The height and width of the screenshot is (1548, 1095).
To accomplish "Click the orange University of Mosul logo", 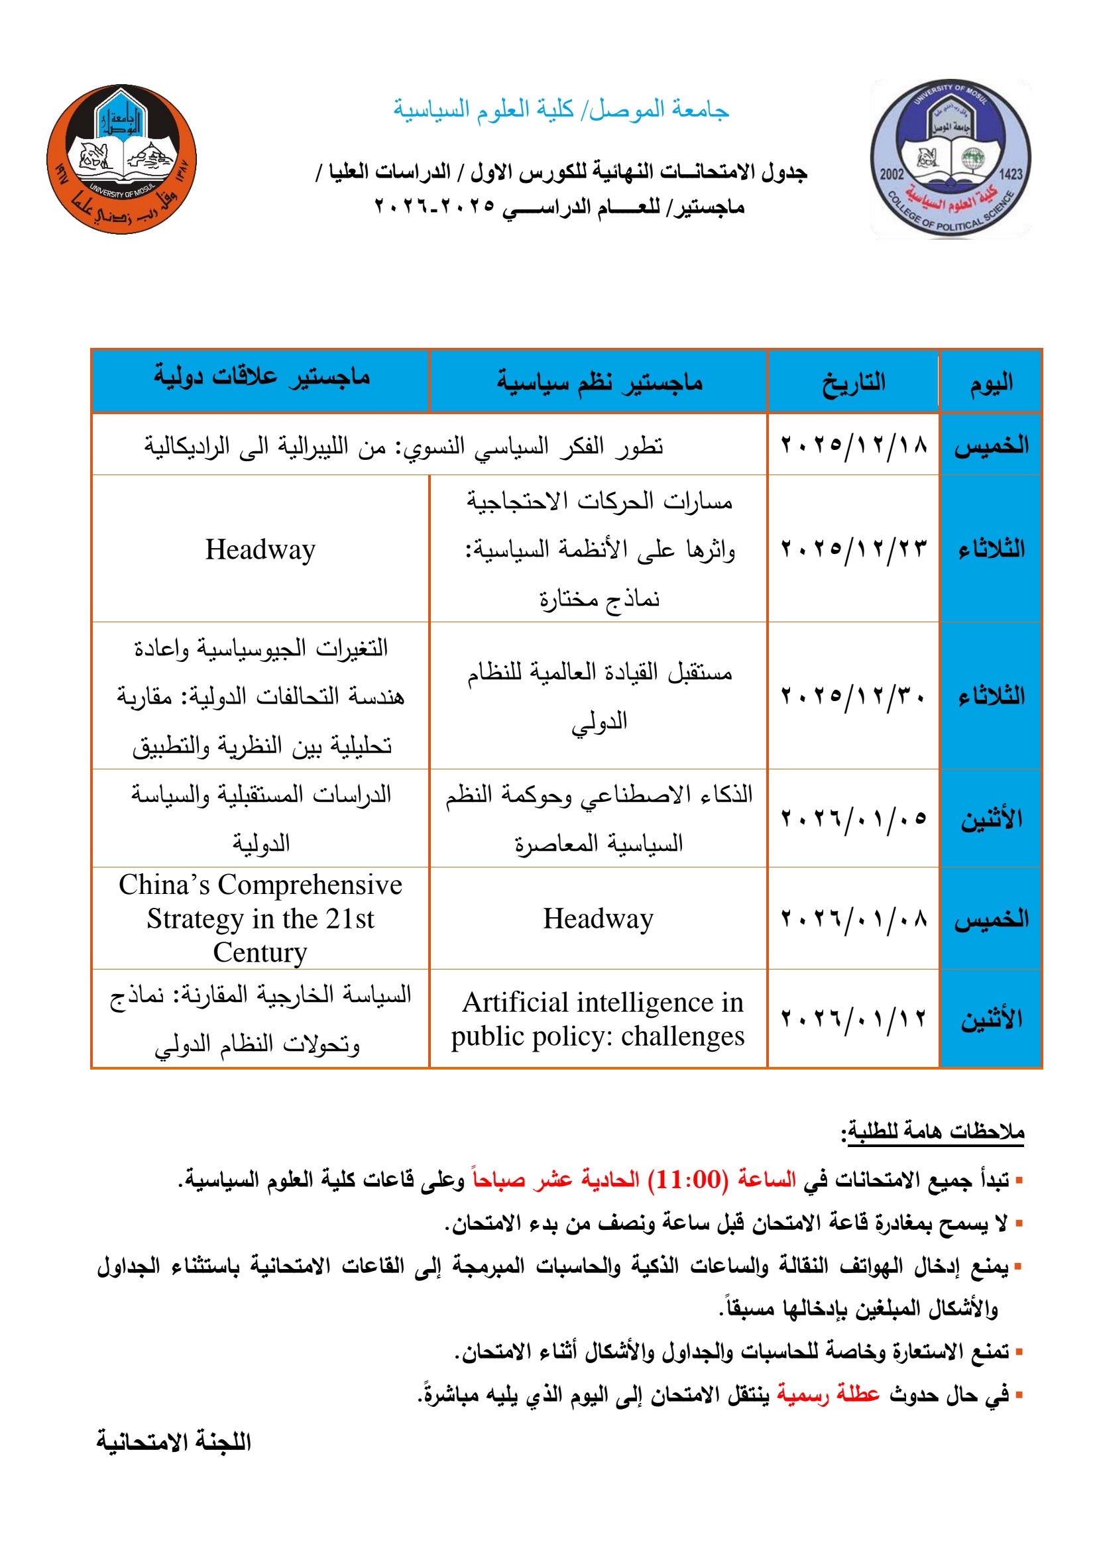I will pyautogui.click(x=121, y=159).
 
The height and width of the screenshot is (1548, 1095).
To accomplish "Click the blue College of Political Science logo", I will pyautogui.click(x=950, y=159).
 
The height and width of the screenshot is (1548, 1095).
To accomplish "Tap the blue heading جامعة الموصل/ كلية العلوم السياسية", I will pyautogui.click(x=561, y=109).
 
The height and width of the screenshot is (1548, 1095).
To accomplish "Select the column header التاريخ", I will pyautogui.click(x=853, y=382).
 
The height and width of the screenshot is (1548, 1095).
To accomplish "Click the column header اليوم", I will pyautogui.click(x=990, y=382).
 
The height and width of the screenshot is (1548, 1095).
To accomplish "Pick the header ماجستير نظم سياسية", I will pyautogui.click(x=599, y=382).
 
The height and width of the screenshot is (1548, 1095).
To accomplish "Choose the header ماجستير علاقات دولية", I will pyautogui.click(x=261, y=376).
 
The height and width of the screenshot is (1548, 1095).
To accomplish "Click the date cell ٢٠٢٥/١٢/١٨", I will pyautogui.click(x=853, y=445).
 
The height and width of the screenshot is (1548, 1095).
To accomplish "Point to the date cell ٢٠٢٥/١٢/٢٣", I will pyautogui.click(x=853, y=548).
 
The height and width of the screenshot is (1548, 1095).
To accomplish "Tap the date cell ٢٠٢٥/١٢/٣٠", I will pyautogui.click(x=853, y=695).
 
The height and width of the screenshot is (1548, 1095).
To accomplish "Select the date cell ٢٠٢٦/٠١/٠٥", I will pyautogui.click(x=853, y=818).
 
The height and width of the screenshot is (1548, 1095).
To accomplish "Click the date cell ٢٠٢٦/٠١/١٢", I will pyautogui.click(x=853, y=1018).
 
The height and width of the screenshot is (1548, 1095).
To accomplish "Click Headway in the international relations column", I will pyautogui.click(x=260, y=549).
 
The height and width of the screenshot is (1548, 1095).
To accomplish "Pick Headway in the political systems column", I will pyautogui.click(x=598, y=919).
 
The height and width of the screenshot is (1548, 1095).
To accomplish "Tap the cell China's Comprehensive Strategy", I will pyautogui.click(x=260, y=918).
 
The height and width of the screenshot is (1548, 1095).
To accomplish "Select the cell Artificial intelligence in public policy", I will pyautogui.click(x=598, y=1019).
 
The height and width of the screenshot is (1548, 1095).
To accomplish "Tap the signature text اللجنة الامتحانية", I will pyautogui.click(x=174, y=1441).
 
